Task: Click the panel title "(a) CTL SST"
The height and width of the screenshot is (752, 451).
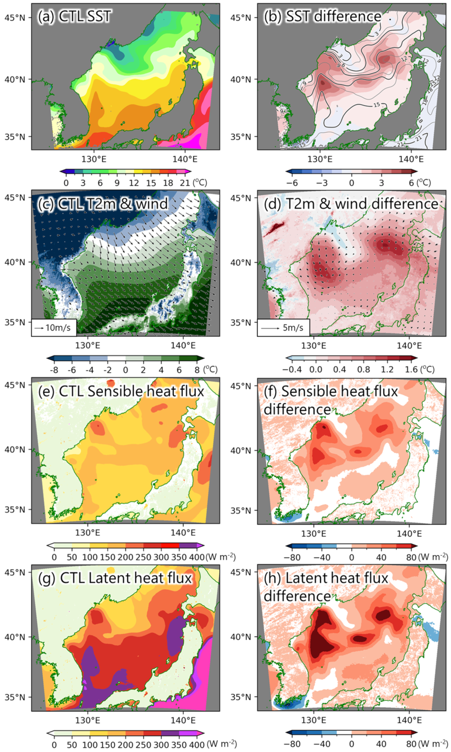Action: (74, 17)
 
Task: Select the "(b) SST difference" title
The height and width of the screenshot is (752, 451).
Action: (323, 17)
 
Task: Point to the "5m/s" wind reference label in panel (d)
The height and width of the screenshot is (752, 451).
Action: (293, 327)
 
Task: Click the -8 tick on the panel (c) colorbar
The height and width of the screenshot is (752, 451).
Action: (54, 370)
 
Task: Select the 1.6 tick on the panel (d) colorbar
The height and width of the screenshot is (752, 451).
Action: (411, 370)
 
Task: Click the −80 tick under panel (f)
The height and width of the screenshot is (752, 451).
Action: (291, 557)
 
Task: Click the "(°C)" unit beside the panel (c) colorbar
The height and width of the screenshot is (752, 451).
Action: (210, 369)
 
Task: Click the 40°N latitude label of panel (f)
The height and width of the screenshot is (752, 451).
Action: (241, 450)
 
